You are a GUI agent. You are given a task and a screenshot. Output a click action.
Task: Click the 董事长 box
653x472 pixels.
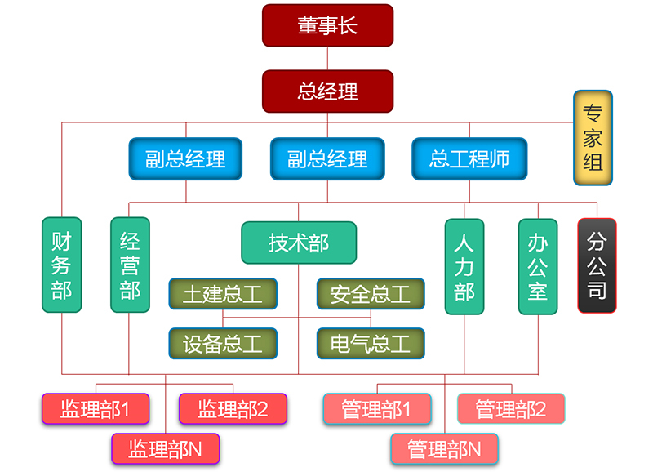coord(327,25)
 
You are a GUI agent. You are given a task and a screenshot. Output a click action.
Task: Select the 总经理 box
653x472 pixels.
coord(327,91)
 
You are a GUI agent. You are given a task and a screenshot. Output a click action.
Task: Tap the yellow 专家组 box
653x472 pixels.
coord(593,137)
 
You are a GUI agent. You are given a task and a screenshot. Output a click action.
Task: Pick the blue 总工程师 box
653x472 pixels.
coord(469,158)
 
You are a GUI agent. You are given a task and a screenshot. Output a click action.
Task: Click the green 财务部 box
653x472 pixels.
coord(61,265)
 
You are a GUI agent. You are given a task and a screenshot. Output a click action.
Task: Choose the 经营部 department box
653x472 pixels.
coord(130,265)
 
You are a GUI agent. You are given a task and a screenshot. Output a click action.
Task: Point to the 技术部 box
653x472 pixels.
coord(299,243)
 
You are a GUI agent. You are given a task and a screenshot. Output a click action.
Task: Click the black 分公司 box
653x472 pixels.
coord(597,265)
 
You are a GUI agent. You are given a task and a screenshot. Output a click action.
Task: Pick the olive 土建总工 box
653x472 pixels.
coord(223,294)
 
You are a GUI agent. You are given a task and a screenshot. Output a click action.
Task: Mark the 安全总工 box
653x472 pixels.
coord(371,294)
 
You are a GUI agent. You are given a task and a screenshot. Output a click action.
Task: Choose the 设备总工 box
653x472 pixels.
coord(223,344)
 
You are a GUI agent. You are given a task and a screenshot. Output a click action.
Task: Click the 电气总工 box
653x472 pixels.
coord(371,344)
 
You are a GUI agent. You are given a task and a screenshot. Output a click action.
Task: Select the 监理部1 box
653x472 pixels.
coord(96,408)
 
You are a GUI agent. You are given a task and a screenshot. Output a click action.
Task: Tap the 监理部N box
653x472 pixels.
coord(166,448)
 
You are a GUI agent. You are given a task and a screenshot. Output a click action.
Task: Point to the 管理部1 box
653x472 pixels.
coord(376,408)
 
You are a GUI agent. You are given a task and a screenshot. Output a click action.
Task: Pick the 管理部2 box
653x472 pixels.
coord(511,408)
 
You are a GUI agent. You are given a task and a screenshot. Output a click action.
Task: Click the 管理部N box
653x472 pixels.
coord(444,448)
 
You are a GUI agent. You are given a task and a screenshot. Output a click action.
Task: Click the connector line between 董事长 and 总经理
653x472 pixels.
coord(327,58)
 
